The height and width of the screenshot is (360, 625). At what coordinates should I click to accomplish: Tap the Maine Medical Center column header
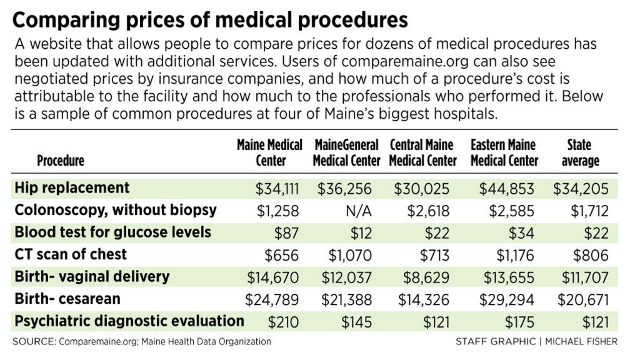269,152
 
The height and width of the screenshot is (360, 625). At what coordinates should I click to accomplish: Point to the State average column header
579,152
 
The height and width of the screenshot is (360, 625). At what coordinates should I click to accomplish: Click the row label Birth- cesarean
67,299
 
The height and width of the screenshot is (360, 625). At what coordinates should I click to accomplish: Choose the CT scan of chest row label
71,254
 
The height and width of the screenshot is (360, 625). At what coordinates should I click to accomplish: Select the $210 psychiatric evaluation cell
283,321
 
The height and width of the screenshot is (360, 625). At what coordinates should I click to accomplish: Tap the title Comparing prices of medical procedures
210,21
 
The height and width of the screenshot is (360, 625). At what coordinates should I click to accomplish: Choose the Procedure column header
61,161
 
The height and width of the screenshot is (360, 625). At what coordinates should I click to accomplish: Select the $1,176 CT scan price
510,255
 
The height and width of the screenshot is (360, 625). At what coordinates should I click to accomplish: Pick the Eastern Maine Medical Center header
504,152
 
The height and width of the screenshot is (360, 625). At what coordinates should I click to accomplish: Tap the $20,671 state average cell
580,299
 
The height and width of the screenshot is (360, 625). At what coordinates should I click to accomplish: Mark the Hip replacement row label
72,188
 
